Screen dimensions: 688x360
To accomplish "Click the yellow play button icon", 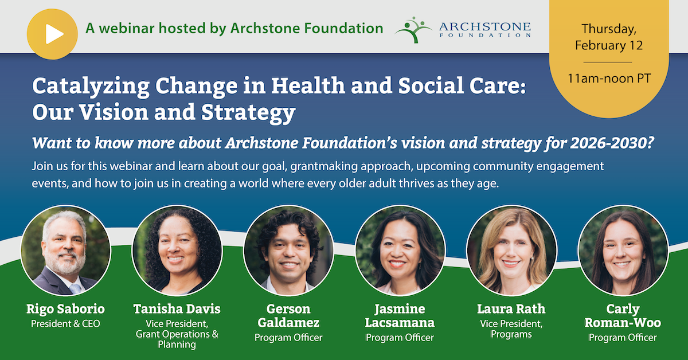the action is (52, 34).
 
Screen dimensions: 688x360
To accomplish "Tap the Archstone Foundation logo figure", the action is (413, 30).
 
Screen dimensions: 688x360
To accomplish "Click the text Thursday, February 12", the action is (609, 37).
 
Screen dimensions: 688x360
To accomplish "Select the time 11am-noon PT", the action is (609, 79).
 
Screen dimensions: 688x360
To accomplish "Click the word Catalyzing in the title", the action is (91, 87).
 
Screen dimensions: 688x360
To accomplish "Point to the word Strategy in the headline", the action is (248, 113).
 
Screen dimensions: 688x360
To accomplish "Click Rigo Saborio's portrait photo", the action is (65, 251).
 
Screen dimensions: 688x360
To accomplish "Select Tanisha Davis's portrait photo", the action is (177, 251).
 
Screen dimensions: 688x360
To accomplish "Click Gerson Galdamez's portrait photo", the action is (288, 251).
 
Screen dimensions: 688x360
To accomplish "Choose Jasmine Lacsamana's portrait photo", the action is (400, 251).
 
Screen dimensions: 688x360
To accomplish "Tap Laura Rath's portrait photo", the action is (511, 251).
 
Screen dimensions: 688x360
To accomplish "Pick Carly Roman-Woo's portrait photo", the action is (623, 251).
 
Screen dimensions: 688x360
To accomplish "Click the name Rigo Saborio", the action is (65, 309).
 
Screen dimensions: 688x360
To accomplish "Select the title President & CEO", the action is (65, 324).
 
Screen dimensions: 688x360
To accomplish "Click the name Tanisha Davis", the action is (177, 309).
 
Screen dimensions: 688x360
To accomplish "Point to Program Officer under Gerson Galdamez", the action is (288, 338).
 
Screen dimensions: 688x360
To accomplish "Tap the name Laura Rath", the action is (511, 309).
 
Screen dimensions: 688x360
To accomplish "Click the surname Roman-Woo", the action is (623, 323).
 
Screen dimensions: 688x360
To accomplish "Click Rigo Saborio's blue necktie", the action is (75, 288).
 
